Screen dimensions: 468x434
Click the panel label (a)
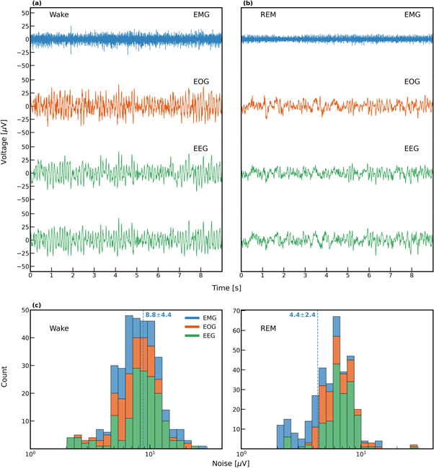[x=35, y=4]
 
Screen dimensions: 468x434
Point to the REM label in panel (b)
[x=269, y=15]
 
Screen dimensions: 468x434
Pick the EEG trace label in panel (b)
[x=411, y=149]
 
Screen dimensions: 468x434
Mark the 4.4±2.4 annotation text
[x=301, y=315]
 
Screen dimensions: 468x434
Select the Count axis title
[x=6, y=379]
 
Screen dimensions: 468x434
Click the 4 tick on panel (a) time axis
[x=115, y=275]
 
